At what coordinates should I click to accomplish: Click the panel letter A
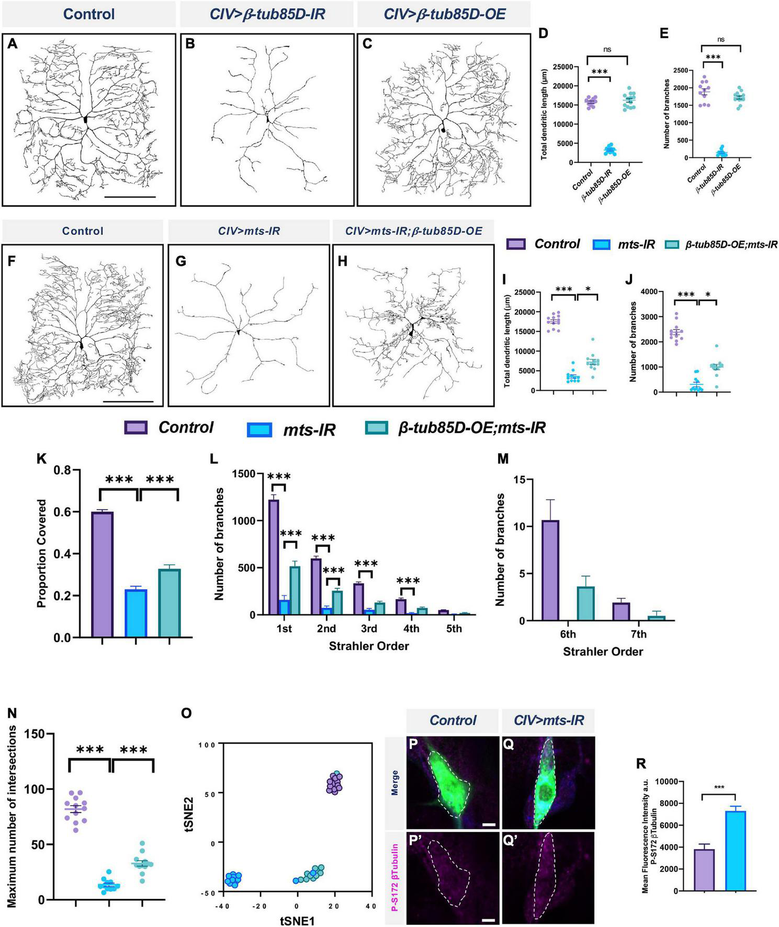coord(12,44)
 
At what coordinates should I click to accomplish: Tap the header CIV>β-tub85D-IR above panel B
coord(267,14)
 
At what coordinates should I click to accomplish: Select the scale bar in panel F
coord(128,401)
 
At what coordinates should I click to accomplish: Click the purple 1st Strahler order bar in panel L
coord(274,557)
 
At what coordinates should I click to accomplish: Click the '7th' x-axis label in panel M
coord(638,635)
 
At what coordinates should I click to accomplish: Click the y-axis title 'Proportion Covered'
coord(42,553)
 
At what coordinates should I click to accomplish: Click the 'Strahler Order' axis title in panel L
coord(369,646)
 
